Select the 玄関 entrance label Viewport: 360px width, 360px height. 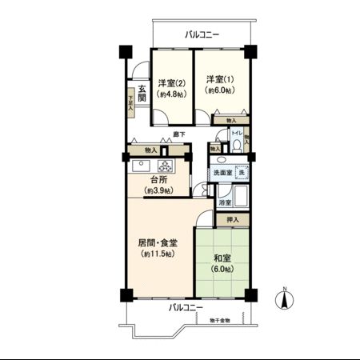click(142, 93)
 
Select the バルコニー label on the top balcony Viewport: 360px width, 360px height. click(202, 34)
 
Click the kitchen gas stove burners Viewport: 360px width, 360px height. click(166, 167)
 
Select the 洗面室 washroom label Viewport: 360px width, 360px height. click(222, 173)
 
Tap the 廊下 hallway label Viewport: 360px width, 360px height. click(181, 134)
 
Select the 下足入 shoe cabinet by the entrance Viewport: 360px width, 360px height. click(131, 102)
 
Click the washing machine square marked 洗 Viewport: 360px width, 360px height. click(243, 173)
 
